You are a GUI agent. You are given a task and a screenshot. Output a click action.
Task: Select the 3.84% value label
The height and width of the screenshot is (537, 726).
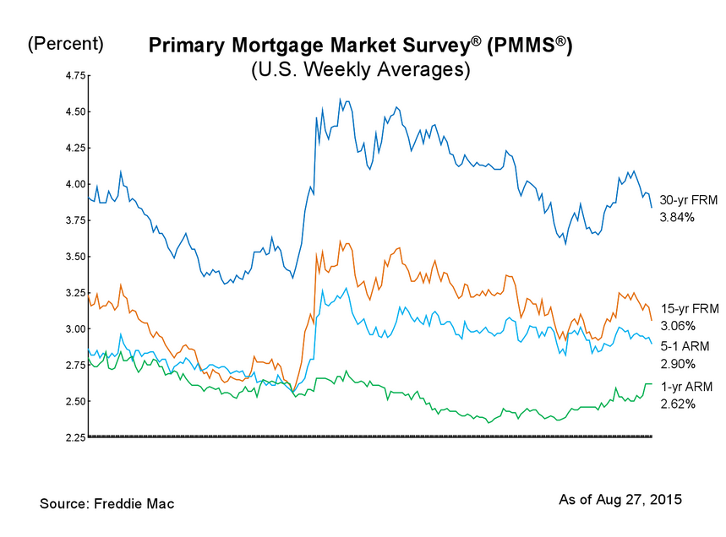[676, 218]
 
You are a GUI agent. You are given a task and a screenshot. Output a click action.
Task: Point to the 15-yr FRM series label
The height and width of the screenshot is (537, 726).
[689, 309]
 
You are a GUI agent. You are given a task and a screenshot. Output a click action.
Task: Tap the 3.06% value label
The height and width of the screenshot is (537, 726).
[676, 326]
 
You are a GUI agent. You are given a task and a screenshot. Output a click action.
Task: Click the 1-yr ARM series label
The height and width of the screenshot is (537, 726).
[686, 387]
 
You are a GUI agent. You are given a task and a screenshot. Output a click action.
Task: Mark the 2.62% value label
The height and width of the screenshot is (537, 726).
[676, 404]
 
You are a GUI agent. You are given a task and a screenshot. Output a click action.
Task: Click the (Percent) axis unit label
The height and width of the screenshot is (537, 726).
[66, 44]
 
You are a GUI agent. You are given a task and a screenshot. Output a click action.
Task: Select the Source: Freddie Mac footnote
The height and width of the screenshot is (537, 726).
[106, 504]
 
